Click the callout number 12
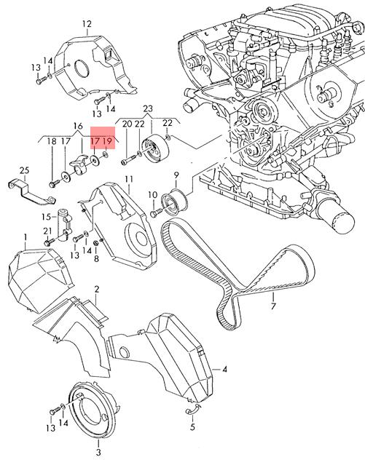(x=87, y=24)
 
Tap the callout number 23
(x=148, y=108)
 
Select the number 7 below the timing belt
(x=273, y=306)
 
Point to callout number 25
(x=25, y=170)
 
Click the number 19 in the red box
(x=107, y=141)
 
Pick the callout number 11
(x=129, y=179)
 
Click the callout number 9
(x=176, y=175)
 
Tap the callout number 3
(x=98, y=453)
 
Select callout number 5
(x=192, y=427)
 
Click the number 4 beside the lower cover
(x=224, y=369)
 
